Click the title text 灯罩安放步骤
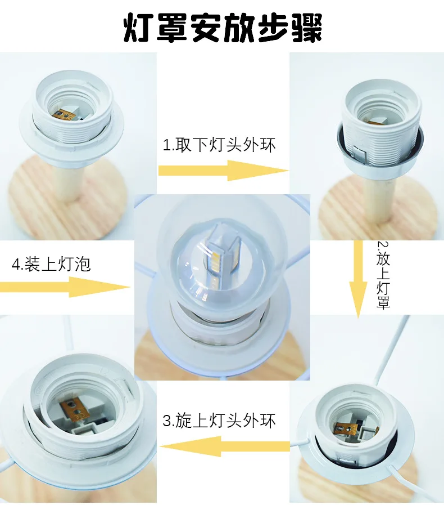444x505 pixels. click(223, 28)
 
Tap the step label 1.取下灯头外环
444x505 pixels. click(219, 145)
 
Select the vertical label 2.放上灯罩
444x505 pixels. click(383, 275)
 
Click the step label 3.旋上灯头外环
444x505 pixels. click(219, 421)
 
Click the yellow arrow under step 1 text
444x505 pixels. click(224, 171)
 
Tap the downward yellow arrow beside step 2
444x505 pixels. click(358, 279)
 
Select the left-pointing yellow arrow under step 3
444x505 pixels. click(225, 446)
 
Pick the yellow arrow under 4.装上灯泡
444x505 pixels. click(65, 287)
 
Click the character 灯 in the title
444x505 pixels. click(139, 28)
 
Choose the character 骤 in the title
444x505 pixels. click(307, 28)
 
